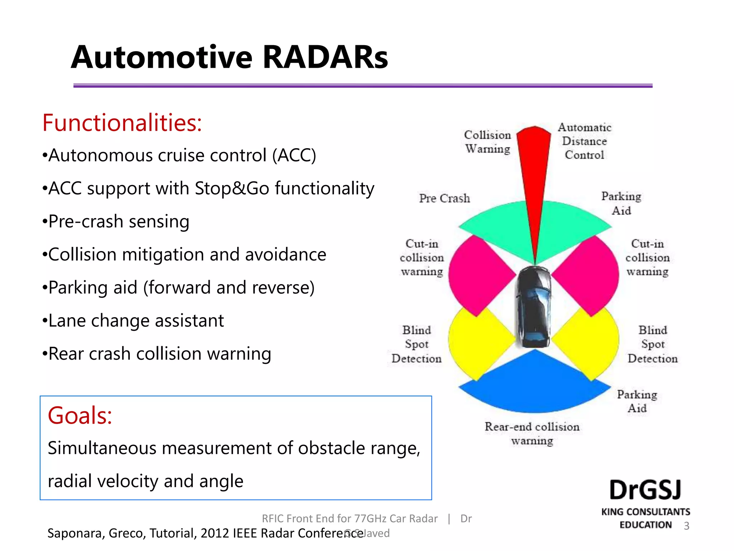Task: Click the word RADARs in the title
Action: (x=325, y=57)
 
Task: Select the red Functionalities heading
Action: (x=122, y=123)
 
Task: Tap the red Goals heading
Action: (x=80, y=415)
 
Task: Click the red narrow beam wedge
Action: (x=534, y=172)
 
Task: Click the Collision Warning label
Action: (x=487, y=142)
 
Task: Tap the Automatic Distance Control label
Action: (x=584, y=141)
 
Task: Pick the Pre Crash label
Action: (x=444, y=198)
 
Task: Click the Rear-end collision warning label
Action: (x=532, y=433)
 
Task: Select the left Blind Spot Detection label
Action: (x=416, y=344)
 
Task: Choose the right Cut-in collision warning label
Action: (x=647, y=258)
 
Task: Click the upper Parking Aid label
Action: (x=621, y=203)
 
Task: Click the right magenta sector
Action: (x=591, y=274)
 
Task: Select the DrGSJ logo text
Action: (x=645, y=490)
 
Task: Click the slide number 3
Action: (x=686, y=526)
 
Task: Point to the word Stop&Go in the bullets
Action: (x=232, y=188)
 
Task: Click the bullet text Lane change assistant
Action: (x=136, y=321)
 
